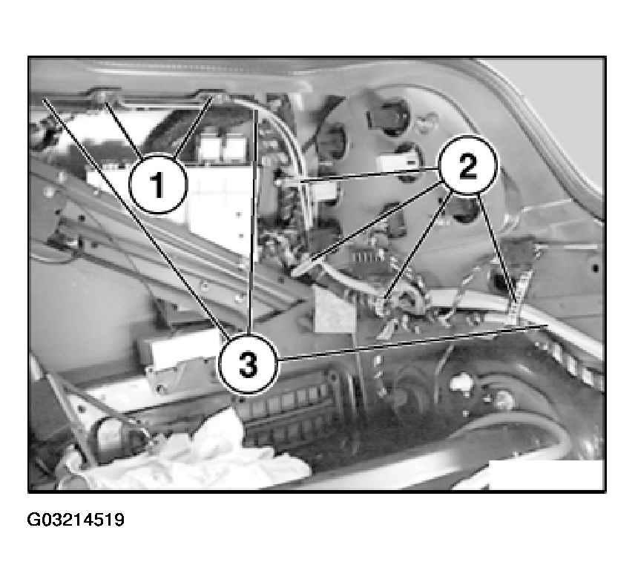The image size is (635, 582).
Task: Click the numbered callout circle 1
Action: (x=158, y=184)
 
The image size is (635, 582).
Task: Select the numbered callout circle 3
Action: (x=248, y=363)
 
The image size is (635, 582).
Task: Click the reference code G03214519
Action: (x=76, y=519)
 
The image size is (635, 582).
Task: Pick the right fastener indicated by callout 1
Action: (x=214, y=97)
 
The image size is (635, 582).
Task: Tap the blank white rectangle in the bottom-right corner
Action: (x=546, y=474)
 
